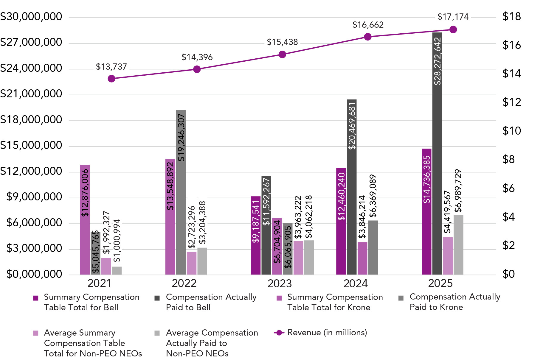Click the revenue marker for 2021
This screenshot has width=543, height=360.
pyautogui.click(x=111, y=79)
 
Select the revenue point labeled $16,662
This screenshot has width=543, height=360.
pyautogui.click(x=368, y=37)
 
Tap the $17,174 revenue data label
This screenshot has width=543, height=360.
pyautogui.click(x=453, y=17)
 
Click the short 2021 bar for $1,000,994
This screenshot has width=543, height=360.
pyautogui.click(x=117, y=270)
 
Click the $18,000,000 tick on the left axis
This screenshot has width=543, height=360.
pyautogui.click(x=31, y=120)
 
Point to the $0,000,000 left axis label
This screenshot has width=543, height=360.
pyautogui.click(x=34, y=274)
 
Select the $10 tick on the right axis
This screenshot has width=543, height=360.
pyautogui.click(x=511, y=131)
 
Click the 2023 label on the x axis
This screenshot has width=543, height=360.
pyautogui.click(x=280, y=283)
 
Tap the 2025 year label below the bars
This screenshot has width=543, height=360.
pyautogui.click(x=440, y=283)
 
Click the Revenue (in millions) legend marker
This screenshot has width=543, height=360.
pyautogui.click(x=279, y=333)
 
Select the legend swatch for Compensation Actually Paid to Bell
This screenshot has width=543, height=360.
pyautogui.click(x=157, y=298)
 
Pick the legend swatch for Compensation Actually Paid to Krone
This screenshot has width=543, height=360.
pyautogui.click(x=401, y=298)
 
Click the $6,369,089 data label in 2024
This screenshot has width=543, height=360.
pyautogui.click(x=373, y=196)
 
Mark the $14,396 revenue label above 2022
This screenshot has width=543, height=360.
pyautogui.click(x=197, y=57)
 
